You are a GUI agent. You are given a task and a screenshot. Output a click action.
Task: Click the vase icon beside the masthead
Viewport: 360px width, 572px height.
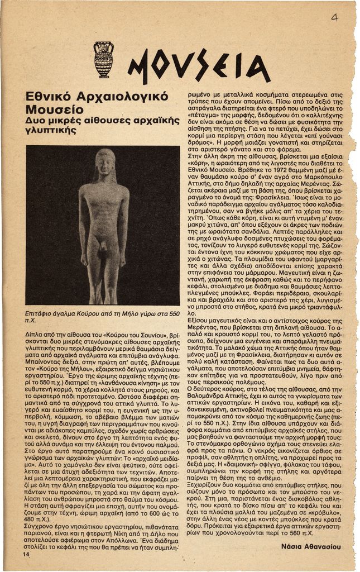[x=103, y=59]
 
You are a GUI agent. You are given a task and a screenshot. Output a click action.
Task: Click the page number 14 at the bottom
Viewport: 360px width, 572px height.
[x=26, y=555]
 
